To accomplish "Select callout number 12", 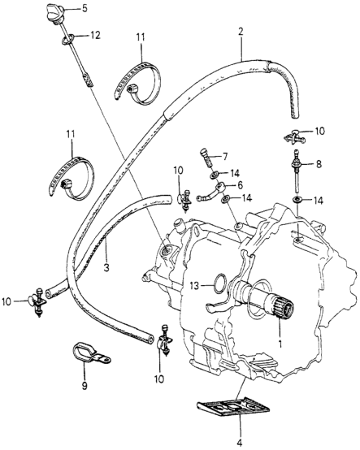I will [95, 35].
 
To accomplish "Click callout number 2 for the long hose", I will [241, 32].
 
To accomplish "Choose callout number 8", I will [318, 163].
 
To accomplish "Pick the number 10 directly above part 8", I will [319, 131].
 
